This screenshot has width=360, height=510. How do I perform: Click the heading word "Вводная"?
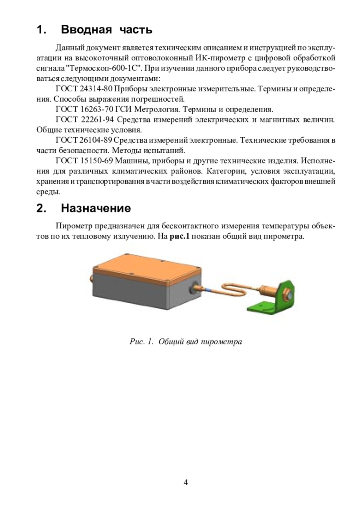pos(86,30)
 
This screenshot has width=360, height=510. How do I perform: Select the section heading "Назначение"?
pos(96,208)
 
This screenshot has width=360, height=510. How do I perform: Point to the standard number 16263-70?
pos(96,109)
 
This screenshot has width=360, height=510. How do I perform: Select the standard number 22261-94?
pos(98,120)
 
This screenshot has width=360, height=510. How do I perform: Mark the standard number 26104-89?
pos(95,140)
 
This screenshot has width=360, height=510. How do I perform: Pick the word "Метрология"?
pos(143,109)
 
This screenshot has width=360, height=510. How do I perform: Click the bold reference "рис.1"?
pos(179,236)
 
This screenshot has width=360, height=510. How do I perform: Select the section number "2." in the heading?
pos(42,208)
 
